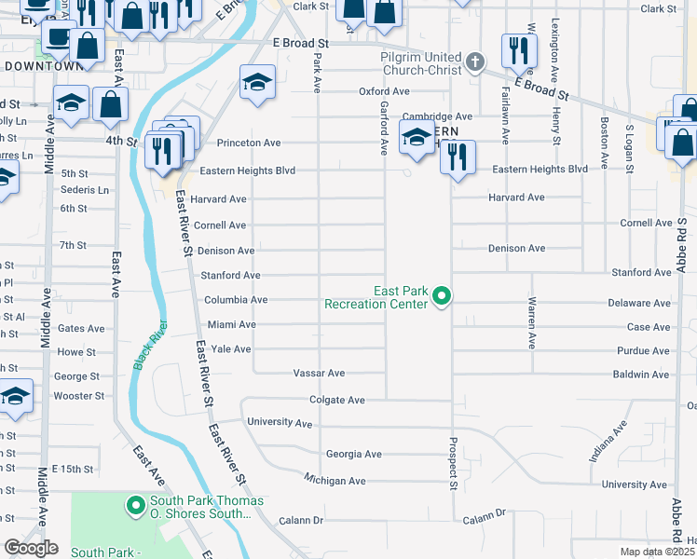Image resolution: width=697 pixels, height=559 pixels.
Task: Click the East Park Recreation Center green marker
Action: [444, 297]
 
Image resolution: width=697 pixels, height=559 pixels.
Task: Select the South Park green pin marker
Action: [135, 507]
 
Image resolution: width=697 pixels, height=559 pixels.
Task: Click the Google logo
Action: [31, 548]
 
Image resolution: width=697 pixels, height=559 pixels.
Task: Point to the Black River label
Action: [150, 346]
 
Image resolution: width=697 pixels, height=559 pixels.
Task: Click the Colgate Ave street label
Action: [337, 400]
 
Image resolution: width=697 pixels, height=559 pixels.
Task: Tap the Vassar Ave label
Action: [319, 373]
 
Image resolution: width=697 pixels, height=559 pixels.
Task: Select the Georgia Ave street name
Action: [354, 454]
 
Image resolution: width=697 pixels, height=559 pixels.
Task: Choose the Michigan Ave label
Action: [335, 480]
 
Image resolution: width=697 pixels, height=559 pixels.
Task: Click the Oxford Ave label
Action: [385, 91]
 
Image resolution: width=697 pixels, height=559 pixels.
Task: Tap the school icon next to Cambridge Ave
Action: [417, 137]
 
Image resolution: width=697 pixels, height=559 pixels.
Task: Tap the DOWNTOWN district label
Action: [44, 66]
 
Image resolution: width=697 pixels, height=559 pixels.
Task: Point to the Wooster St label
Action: [77, 396]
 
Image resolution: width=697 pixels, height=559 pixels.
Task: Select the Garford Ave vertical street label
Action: [383, 129]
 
